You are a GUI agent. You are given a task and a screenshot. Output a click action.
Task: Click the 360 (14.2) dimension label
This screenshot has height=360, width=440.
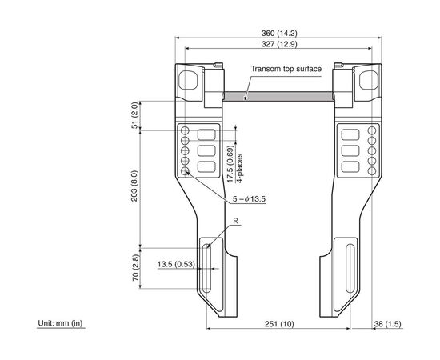279,33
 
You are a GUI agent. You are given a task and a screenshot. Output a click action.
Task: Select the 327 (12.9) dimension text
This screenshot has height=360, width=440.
279,44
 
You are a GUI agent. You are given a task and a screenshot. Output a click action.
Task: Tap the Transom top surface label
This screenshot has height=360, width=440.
286,69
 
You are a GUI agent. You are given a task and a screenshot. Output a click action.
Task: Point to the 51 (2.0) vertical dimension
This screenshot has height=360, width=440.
135,115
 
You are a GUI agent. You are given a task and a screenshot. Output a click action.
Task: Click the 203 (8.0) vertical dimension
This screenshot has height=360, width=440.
134,186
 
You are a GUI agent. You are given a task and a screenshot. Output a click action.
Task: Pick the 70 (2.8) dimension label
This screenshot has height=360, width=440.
135,268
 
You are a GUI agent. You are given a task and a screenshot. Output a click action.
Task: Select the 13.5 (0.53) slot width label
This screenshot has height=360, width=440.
176,264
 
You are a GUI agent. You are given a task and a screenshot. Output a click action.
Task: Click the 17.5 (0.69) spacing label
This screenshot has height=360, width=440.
230,164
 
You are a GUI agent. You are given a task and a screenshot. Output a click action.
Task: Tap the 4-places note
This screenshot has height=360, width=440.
240,168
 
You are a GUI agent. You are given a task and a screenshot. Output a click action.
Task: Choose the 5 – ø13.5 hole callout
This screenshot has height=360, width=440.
249,199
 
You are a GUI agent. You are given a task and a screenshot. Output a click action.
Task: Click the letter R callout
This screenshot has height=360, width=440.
235,221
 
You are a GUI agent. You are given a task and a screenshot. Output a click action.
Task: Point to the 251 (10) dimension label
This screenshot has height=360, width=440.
279,324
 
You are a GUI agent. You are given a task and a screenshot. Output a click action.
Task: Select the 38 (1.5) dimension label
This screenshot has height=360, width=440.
387,324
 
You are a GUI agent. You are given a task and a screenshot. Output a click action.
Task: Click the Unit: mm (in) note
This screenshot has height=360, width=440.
60,323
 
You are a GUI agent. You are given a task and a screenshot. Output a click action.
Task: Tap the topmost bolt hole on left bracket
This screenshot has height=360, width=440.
185,130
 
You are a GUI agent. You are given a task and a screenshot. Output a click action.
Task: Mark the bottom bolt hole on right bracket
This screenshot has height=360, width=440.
372,171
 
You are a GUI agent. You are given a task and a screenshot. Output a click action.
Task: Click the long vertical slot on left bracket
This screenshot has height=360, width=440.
206,268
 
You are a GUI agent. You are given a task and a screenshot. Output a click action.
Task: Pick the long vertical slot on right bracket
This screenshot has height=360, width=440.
350,268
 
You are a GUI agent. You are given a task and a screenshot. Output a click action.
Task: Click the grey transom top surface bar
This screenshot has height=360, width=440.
278,96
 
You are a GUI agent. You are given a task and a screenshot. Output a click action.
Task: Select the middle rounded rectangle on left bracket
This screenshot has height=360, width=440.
206,150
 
